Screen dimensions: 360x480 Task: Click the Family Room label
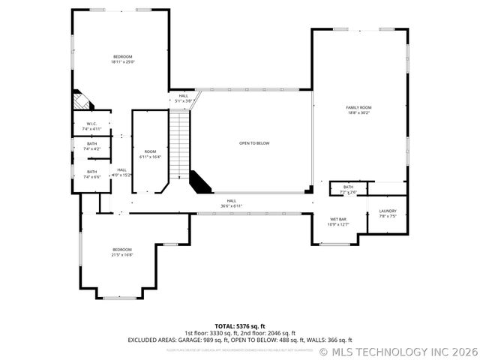pos(358,110)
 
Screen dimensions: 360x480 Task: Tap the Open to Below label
pos(254,142)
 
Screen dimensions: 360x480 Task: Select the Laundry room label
pos(387,214)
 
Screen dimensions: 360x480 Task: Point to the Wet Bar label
pos(337,222)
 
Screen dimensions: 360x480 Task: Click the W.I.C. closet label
pos(91,126)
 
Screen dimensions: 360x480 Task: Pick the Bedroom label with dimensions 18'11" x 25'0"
pos(122,60)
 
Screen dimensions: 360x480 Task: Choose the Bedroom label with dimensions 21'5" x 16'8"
pos(122,252)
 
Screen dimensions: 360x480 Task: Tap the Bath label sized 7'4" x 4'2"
pos(91,146)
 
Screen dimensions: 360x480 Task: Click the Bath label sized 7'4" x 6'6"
pos(91,174)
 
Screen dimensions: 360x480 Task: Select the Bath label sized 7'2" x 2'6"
pos(348,190)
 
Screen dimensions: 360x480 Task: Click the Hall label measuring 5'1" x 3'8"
pos(183,98)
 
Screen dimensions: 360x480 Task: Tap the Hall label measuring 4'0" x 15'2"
pos(121,172)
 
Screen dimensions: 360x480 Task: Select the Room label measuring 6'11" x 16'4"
pos(151,154)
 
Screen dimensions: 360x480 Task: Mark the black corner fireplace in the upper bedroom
pos(79,100)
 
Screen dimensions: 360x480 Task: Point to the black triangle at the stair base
pos(199,181)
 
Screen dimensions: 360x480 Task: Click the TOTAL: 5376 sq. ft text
pos(239,326)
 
